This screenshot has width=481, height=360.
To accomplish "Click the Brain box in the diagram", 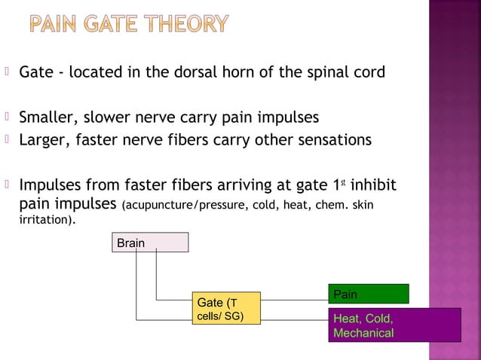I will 148,243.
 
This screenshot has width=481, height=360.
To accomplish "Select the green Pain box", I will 368,293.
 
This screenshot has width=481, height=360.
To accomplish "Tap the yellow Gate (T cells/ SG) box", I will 225,308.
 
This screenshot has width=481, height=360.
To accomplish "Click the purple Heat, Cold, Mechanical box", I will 394,325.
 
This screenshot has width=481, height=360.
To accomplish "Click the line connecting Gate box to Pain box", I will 294,299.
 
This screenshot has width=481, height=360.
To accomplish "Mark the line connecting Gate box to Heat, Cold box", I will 294,319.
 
